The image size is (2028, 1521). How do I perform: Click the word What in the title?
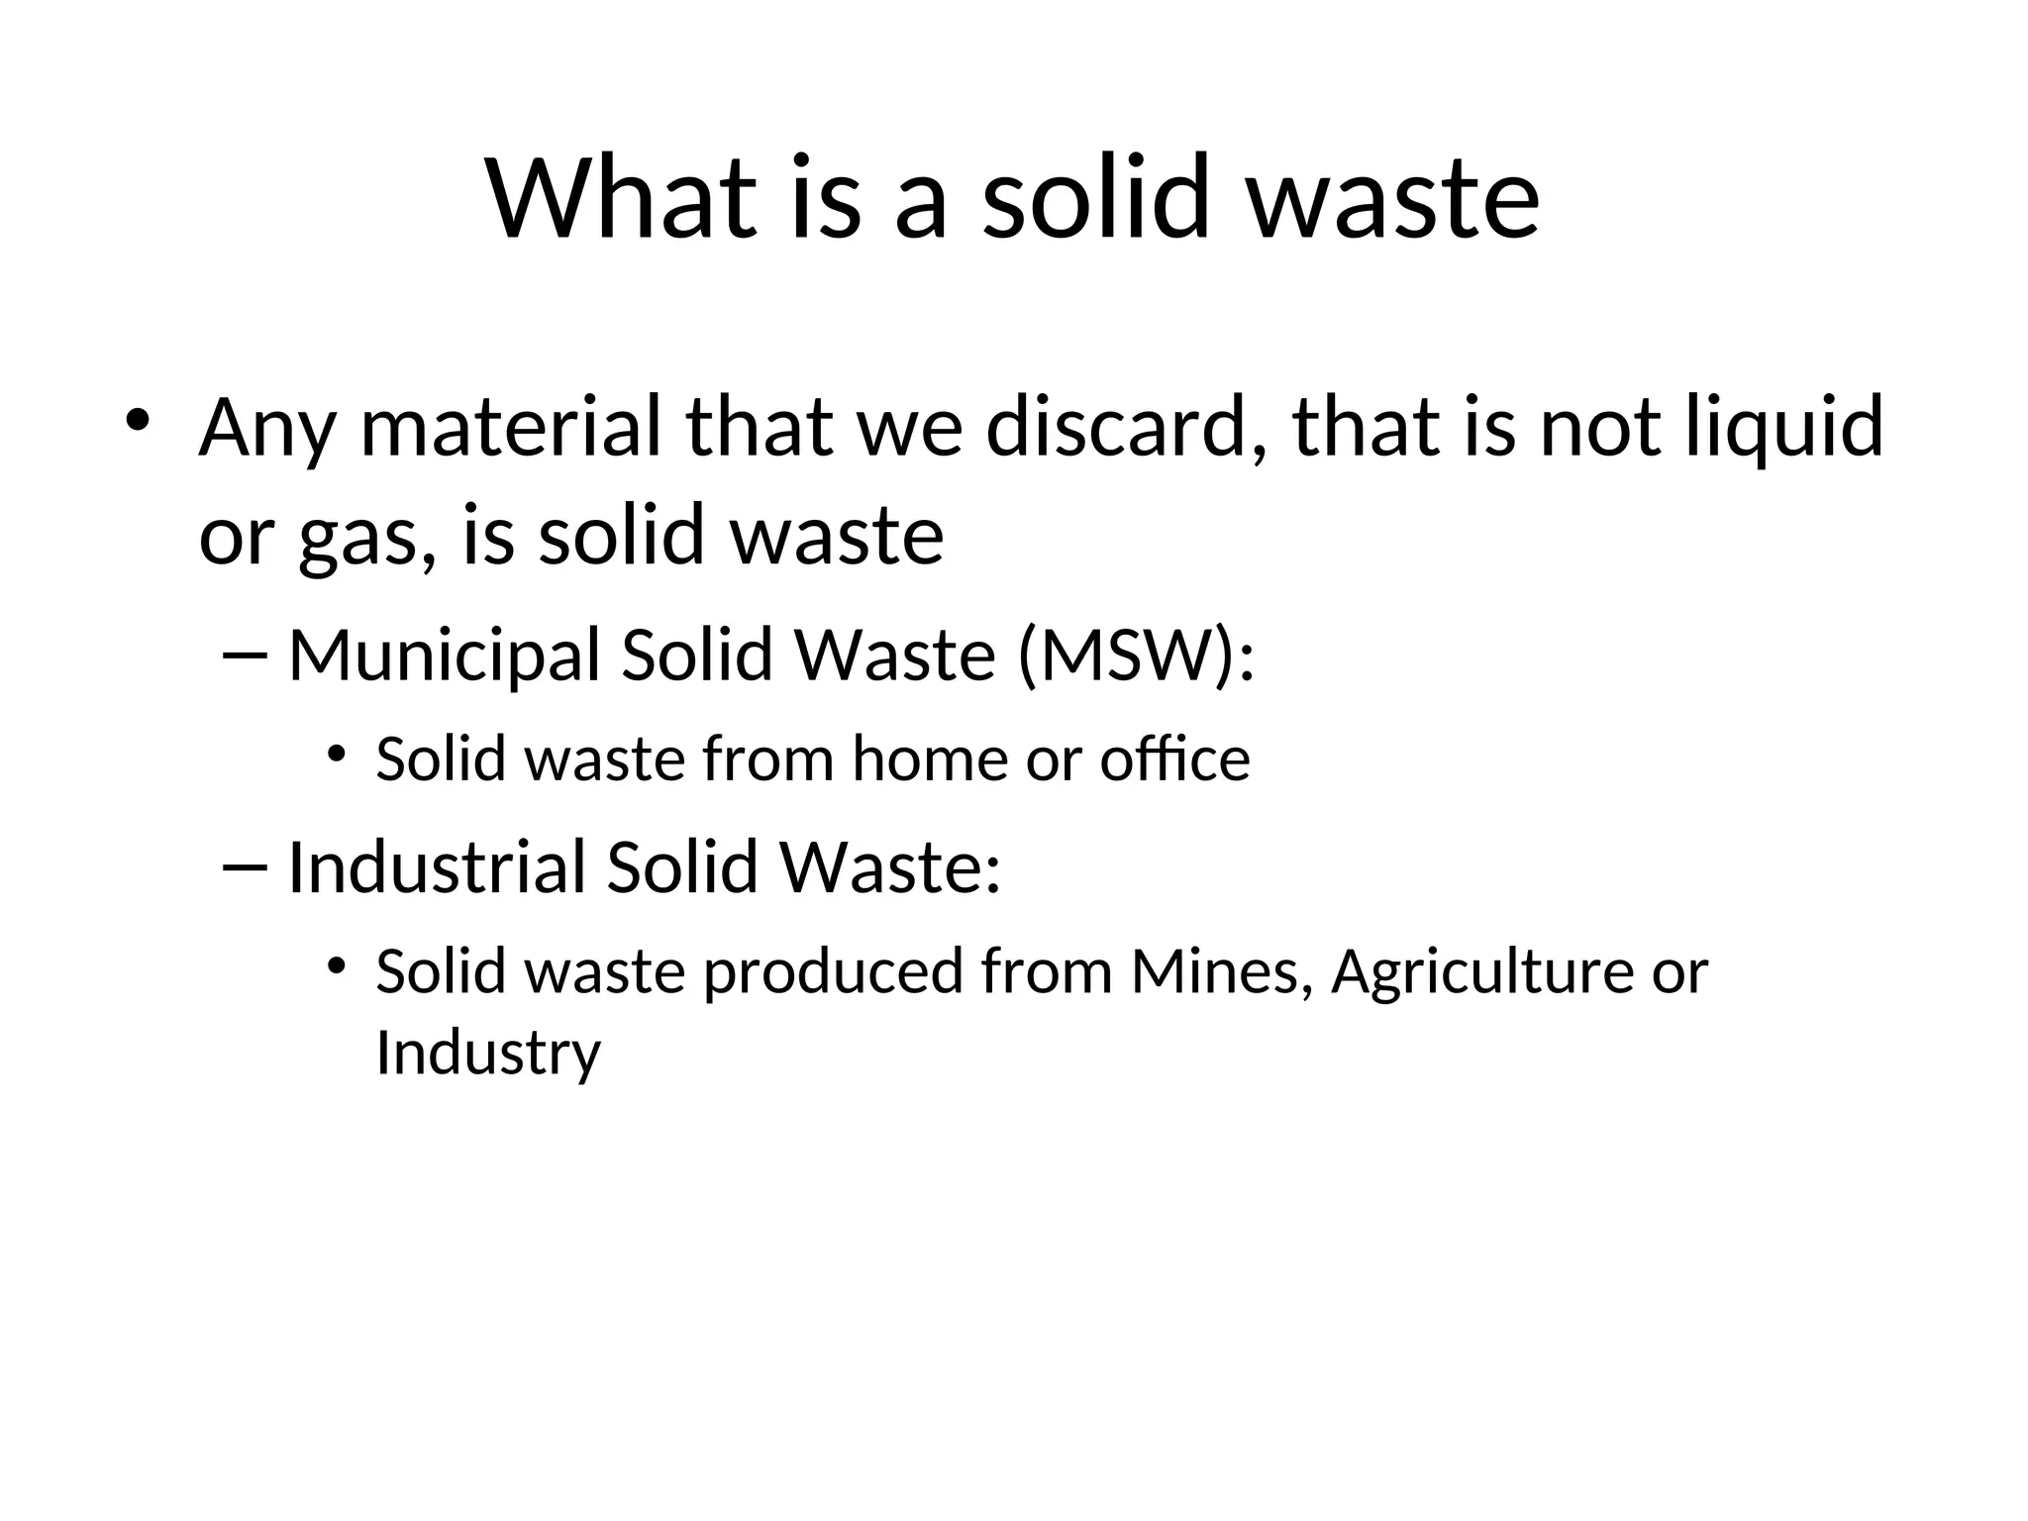point(622,197)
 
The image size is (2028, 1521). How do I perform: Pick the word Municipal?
point(445,657)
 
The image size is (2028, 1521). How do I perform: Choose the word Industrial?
point(437,867)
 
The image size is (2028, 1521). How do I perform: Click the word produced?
point(833,971)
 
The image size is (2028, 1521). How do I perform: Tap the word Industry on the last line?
point(488,1052)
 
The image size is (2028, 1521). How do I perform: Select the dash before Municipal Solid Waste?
point(247,655)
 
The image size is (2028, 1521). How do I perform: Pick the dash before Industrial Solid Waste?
point(247,866)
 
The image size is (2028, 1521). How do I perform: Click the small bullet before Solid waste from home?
point(337,755)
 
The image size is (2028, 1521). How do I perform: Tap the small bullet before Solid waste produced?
point(337,964)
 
